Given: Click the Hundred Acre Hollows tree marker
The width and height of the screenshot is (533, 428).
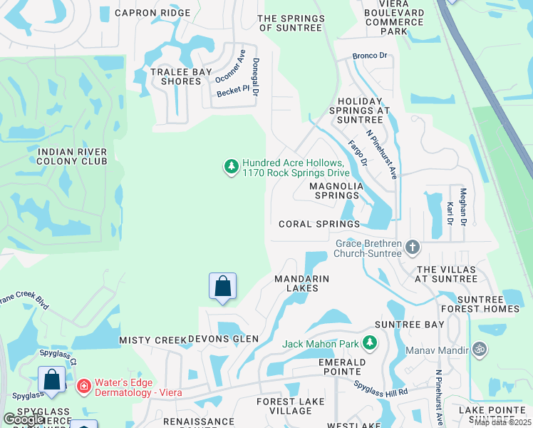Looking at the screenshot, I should [x=231, y=167].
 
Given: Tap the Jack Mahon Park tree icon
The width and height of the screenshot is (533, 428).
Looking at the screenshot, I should [x=369, y=344].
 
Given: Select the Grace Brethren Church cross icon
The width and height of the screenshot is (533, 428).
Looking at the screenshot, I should [x=412, y=248].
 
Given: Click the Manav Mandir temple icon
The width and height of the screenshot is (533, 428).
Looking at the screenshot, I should [x=479, y=350].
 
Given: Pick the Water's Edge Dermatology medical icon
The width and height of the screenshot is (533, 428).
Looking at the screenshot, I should [x=83, y=386].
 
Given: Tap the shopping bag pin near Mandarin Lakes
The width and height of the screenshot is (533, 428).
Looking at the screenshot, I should [x=223, y=286].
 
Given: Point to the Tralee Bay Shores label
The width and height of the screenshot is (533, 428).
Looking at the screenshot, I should [x=176, y=76].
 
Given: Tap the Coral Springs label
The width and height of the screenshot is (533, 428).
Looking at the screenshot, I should [x=319, y=224].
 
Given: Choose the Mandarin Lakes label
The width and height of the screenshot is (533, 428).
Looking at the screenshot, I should [x=302, y=283].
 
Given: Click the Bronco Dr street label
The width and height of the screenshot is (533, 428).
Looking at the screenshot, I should [x=370, y=56].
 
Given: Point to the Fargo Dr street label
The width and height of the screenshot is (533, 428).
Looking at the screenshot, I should [x=358, y=153].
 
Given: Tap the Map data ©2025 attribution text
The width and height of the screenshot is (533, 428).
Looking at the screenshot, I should [x=503, y=422].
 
